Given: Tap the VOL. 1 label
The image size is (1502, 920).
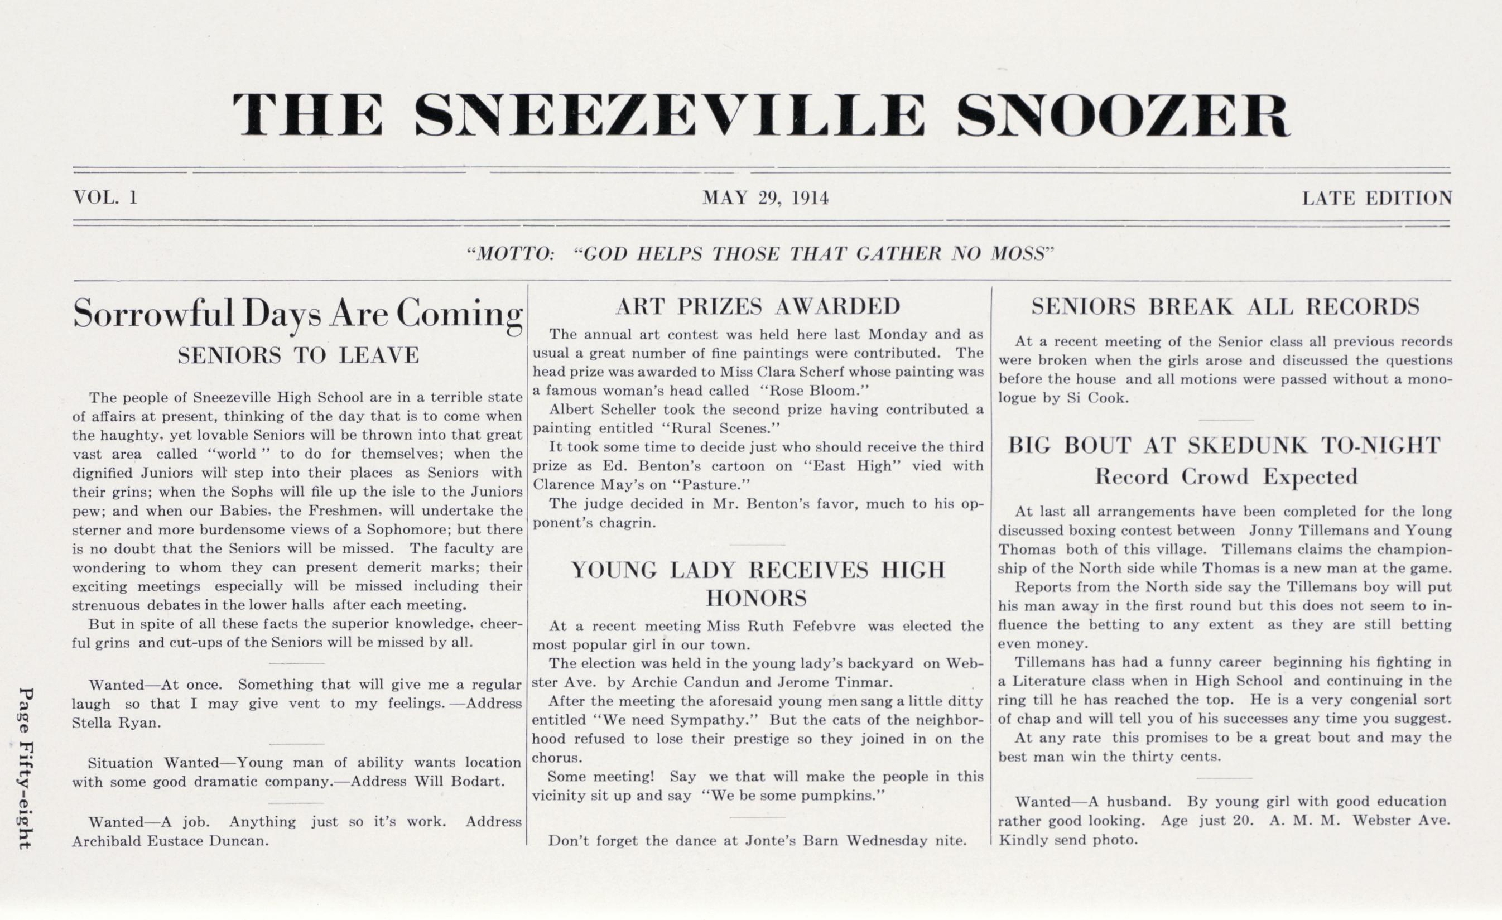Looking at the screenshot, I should [105, 198].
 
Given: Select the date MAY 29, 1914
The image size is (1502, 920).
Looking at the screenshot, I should [765, 198].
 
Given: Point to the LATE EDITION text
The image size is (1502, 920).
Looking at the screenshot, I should [1377, 198].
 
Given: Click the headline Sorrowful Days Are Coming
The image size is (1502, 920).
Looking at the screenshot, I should [297, 315].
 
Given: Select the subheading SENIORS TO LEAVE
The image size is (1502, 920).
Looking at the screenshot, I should [298, 355].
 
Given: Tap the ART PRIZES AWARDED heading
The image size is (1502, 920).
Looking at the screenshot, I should [758, 307].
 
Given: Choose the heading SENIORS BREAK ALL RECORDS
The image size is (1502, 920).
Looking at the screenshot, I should [1225, 307].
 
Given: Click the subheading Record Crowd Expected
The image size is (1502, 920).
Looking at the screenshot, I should [1226, 476].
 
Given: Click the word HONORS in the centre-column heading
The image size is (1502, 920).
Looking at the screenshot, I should [757, 598].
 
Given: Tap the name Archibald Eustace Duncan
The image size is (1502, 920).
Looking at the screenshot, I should [170, 841].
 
